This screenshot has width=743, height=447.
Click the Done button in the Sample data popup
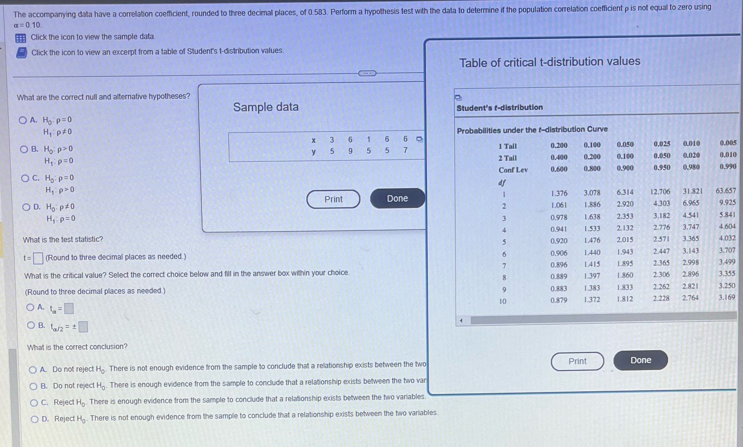point(397,198)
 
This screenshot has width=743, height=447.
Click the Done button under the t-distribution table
point(640,360)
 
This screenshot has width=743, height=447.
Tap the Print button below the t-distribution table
point(577,361)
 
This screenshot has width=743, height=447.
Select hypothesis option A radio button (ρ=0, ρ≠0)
point(23,120)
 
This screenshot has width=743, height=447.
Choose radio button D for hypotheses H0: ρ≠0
point(26,207)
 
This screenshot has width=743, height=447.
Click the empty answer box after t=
point(38,258)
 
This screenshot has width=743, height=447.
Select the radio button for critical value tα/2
point(31,325)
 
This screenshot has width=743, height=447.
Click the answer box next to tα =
point(69,308)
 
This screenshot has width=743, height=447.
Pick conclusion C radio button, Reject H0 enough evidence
point(34,403)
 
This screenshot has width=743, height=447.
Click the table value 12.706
point(660,192)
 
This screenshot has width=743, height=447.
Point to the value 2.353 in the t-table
point(625,216)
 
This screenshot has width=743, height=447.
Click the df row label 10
point(503,301)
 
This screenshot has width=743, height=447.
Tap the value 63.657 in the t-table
point(725,191)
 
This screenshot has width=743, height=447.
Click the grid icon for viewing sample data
point(21,38)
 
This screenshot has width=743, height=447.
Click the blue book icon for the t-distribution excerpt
point(21,53)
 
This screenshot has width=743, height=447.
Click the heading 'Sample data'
point(266,107)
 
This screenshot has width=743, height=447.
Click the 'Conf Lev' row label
point(513,170)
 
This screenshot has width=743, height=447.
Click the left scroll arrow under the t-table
point(461,321)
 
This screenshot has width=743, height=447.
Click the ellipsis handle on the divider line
point(367,73)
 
